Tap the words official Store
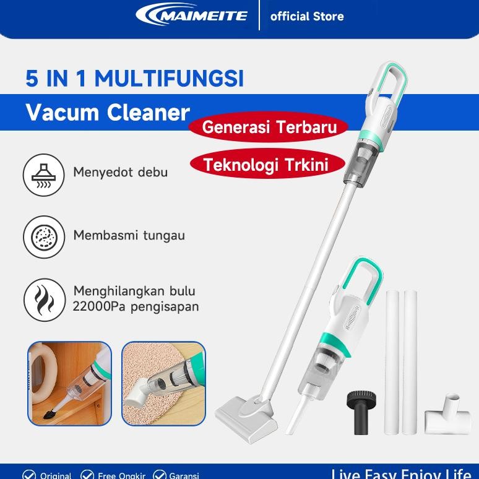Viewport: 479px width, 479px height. click(x=307, y=17)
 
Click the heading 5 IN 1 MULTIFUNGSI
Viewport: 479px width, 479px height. click(x=134, y=79)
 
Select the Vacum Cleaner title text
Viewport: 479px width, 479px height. click(x=108, y=113)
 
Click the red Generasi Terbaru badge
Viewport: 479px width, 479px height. click(x=269, y=127)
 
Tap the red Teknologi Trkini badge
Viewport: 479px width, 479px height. click(x=265, y=165)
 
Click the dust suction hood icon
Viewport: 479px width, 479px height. click(x=44, y=175)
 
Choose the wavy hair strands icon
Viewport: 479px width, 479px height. click(x=44, y=300)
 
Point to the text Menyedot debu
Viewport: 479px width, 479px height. click(x=120, y=172)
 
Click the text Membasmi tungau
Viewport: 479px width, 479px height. click(x=129, y=235)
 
